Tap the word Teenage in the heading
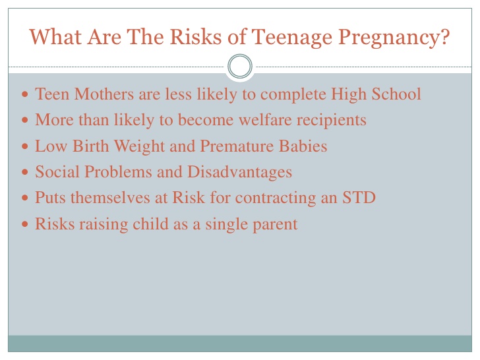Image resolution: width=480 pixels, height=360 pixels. [x=292, y=38]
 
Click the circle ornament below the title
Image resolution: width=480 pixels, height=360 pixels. [x=240, y=66]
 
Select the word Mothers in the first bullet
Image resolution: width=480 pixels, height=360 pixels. [x=104, y=94]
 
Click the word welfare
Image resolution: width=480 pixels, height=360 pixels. [x=265, y=120]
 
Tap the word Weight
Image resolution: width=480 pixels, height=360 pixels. [x=139, y=146]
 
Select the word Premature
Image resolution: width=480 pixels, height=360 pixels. [x=237, y=146]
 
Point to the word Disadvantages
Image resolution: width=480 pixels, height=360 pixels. [x=239, y=172]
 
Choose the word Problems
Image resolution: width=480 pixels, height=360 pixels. [x=118, y=171]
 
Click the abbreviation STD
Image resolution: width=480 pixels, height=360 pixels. [x=359, y=197]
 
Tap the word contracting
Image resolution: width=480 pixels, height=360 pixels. [x=276, y=198]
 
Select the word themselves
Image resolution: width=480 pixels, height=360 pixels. [x=110, y=197]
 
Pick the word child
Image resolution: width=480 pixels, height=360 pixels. [x=150, y=224]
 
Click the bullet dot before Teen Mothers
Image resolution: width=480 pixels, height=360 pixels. [x=25, y=94]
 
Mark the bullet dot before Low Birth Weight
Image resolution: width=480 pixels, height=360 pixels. [x=25, y=146]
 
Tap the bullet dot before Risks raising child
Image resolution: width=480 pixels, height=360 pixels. [x=25, y=224]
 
